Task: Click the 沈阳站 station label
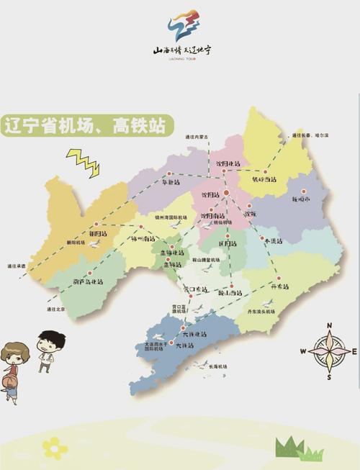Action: (211, 195)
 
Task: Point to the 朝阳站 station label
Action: (99, 234)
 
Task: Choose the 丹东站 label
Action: (279, 286)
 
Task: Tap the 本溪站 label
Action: (271, 240)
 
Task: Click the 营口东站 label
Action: (195, 289)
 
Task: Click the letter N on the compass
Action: (329, 326)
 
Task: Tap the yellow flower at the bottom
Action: (55, 448)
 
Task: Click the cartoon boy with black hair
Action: (50, 350)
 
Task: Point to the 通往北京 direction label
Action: (54, 309)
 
